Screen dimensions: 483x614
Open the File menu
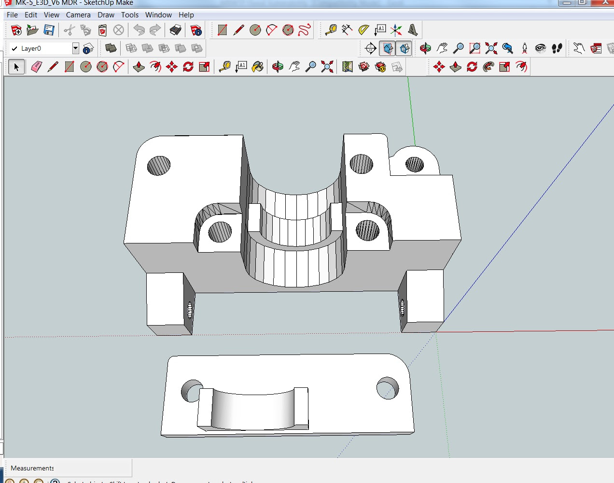click(12, 15)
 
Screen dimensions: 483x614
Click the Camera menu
click(78, 15)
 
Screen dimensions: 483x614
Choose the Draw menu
click(106, 15)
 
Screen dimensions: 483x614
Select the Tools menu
click(130, 15)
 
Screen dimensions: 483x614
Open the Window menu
click(158, 15)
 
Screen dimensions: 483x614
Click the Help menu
click(186, 15)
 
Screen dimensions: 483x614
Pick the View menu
click(51, 15)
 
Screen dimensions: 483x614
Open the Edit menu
click(31, 15)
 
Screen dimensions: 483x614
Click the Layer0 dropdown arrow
click(75, 48)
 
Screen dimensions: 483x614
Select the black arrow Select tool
click(16, 67)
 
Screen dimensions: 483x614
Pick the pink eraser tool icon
click(37, 67)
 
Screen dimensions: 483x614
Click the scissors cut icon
click(69, 30)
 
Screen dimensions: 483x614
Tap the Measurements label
click(32, 468)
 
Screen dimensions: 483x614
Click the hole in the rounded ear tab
click(414, 165)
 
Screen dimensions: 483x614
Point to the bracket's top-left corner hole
click(159, 166)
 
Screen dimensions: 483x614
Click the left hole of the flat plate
click(191, 390)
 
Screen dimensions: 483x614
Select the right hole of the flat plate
click(388, 388)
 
